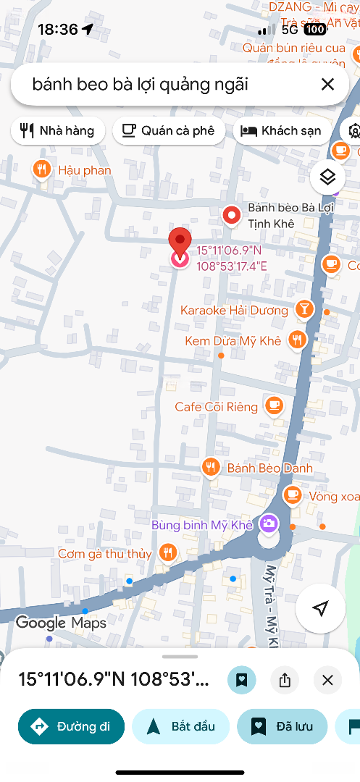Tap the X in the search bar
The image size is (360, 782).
327,85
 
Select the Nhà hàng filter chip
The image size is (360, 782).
58,130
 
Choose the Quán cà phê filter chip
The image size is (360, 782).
169,130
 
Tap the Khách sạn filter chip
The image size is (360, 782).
281,130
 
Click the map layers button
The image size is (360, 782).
327,177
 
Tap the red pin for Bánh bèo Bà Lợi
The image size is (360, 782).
231,215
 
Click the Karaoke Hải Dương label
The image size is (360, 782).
234,311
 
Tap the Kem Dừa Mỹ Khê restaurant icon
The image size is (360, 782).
296,340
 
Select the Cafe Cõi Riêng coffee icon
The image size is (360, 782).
274,405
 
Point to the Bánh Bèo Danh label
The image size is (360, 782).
269,468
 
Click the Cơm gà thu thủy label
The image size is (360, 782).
105,554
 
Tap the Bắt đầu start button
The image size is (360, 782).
181,726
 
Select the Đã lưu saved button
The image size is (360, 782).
282,726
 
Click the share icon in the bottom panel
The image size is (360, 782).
285,680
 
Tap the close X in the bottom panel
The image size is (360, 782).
327,680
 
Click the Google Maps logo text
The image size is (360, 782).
61,623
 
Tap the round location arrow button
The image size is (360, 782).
320,608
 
